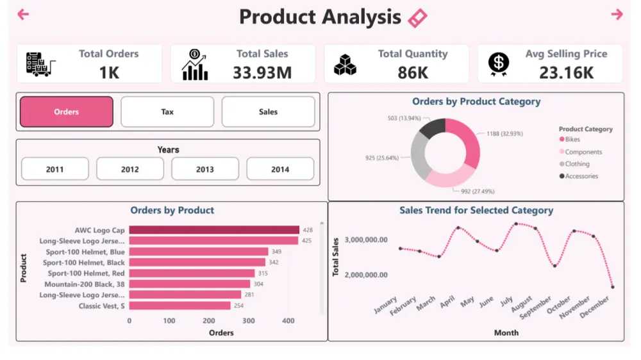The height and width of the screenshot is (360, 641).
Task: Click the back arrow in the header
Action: (x=23, y=14)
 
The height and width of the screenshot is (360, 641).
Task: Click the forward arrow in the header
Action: (x=617, y=14)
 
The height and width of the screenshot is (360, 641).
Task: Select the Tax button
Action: (x=167, y=112)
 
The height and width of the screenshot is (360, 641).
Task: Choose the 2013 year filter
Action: (x=205, y=169)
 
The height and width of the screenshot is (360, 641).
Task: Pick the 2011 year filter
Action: (x=54, y=169)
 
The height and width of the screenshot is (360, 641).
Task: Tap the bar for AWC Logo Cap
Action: (x=214, y=230)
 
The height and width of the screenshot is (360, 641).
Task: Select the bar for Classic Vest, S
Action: (x=179, y=306)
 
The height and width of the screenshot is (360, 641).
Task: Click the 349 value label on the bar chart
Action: (x=277, y=252)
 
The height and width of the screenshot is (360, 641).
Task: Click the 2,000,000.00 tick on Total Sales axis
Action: (x=366, y=275)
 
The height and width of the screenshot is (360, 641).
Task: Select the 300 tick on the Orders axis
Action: (x=248, y=321)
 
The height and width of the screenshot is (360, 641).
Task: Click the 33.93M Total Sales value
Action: (x=262, y=72)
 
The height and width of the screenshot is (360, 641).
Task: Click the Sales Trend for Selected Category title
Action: (x=476, y=210)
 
